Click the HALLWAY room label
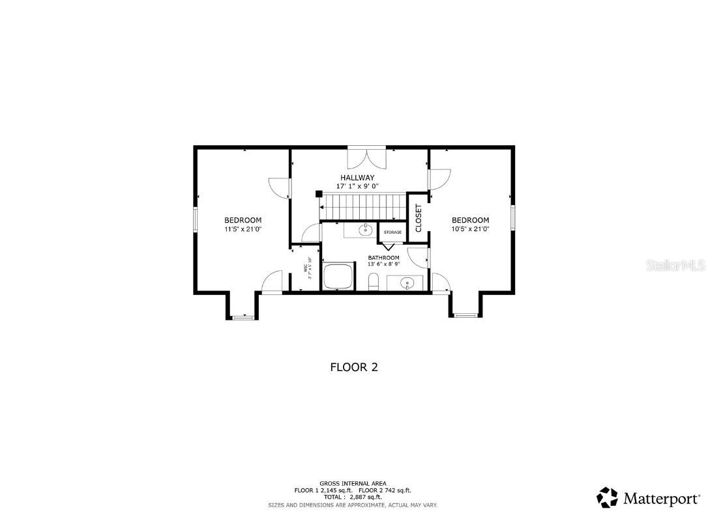(357, 177)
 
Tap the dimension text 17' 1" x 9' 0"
(357, 186)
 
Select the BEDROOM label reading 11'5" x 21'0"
(243, 220)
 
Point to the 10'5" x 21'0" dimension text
(470, 229)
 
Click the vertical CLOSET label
(419, 218)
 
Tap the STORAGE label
(392, 232)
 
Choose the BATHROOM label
(383, 258)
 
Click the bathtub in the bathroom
(338, 278)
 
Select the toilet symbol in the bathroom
(374, 283)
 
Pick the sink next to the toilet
(406, 283)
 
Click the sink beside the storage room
(366, 230)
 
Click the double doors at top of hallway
(367, 159)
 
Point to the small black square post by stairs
(318, 193)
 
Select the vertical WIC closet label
(305, 272)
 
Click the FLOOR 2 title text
(354, 367)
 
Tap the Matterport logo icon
(607, 498)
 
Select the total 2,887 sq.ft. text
(352, 497)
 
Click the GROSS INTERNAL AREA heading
(353, 484)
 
